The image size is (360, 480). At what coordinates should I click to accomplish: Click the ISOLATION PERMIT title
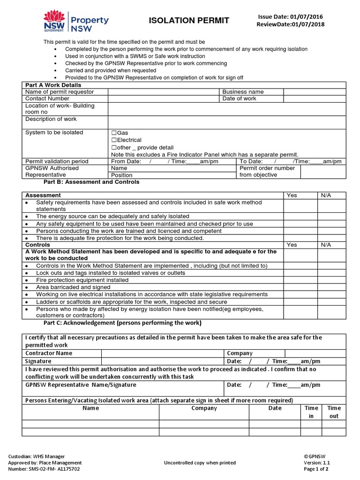point(189,20)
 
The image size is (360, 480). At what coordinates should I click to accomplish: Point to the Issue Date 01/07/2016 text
point(290,17)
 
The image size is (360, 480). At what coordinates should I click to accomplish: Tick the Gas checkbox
point(114,133)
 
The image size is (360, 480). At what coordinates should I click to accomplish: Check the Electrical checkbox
point(114,140)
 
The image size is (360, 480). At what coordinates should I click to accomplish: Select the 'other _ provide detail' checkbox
point(114,147)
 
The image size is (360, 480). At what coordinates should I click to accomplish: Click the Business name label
point(243,92)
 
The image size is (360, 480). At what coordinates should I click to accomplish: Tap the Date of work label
point(239,98)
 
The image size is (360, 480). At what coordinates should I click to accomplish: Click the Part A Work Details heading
point(53,85)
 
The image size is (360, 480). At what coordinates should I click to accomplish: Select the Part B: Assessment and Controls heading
point(91,182)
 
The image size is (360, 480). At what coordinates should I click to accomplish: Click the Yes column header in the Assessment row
point(292,195)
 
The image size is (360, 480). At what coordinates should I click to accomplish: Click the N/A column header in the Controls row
point(326,245)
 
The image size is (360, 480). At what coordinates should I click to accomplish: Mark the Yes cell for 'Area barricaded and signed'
point(300,287)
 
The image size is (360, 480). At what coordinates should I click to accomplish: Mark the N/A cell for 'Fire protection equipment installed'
point(331,280)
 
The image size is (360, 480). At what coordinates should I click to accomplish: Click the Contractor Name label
point(49,353)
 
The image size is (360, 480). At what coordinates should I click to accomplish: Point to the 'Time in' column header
point(311,412)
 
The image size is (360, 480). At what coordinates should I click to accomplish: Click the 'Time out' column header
point(334,412)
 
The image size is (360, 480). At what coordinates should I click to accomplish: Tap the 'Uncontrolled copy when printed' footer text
point(200,463)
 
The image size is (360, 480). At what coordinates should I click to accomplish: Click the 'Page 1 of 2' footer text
point(316,469)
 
